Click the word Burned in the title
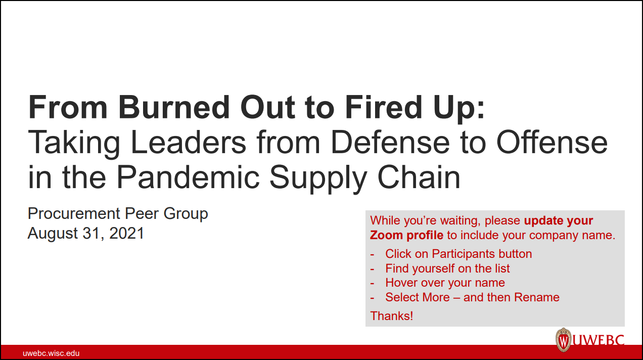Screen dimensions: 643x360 (174, 107)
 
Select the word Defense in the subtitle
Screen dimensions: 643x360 (390, 143)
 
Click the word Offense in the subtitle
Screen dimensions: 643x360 (552, 143)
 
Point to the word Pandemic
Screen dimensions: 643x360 (188, 177)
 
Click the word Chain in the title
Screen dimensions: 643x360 (419, 177)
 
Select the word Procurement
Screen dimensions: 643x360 (74, 213)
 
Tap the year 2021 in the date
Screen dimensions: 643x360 (126, 233)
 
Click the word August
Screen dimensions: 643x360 (53, 234)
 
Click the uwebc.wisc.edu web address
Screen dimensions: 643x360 (51, 353)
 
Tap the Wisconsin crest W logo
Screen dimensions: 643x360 (564, 340)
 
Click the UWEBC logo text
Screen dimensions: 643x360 (599, 340)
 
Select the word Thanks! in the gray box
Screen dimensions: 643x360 (392, 316)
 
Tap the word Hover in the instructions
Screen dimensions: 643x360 (401, 283)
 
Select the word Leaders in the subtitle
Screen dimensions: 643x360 (189, 143)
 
